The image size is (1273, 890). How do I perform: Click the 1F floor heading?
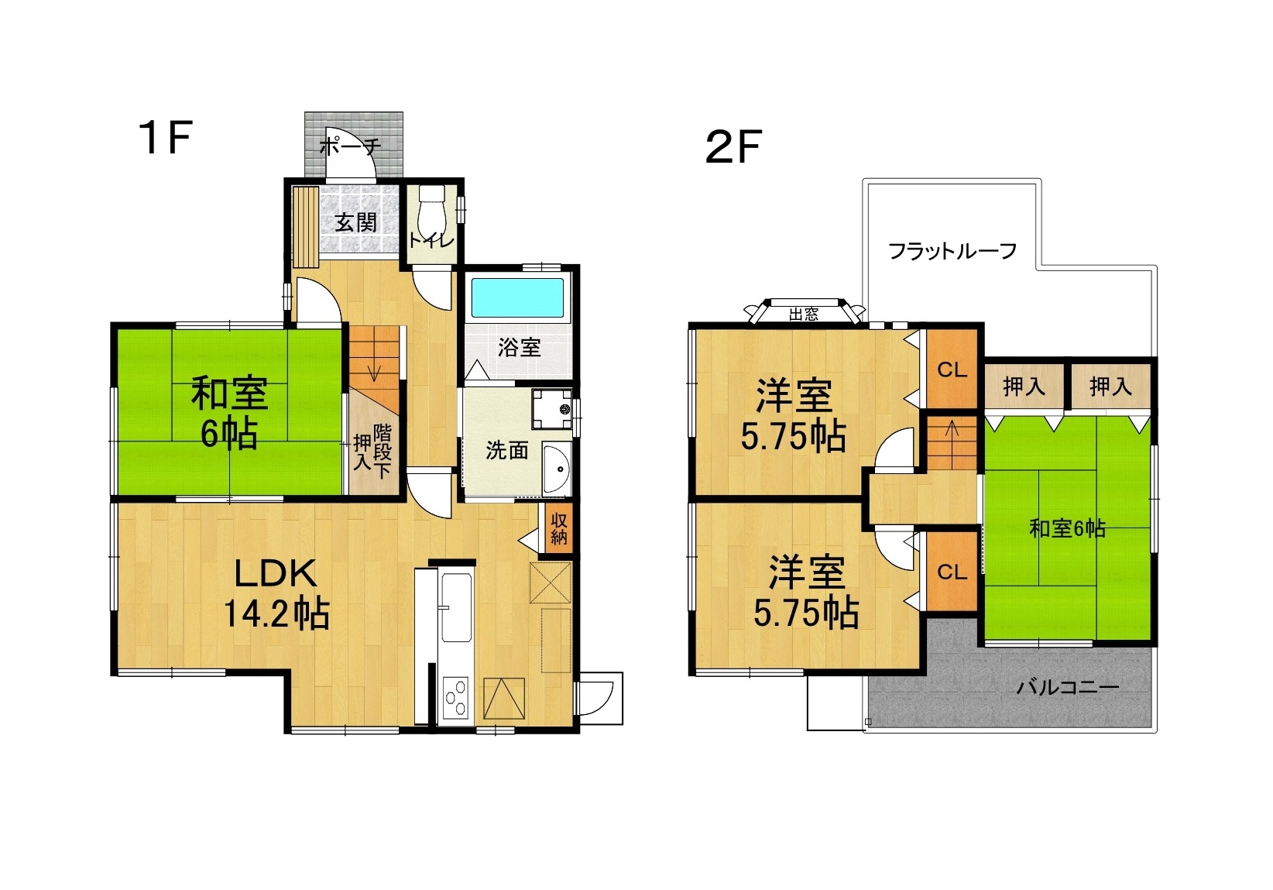coord(166,138)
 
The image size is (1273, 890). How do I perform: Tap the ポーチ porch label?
coord(350,147)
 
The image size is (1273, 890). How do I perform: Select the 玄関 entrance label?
coord(355,222)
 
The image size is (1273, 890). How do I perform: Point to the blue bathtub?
coord(518,297)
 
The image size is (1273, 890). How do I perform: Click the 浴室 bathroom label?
coord(519,347)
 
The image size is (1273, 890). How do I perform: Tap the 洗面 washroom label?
coord(507,450)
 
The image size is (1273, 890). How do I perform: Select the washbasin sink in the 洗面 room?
coord(557,468)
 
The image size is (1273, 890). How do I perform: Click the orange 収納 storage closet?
coord(558,529)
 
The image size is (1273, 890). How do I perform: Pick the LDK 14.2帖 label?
coord(276,593)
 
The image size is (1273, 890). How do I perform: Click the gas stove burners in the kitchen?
coord(456,697)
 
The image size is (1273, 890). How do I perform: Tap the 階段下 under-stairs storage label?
coord(382,452)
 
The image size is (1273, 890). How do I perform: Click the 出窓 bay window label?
coord(804,314)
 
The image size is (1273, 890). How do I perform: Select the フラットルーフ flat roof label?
coord(952,251)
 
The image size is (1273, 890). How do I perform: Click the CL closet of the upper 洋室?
coord(952,369)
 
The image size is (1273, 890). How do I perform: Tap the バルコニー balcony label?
coord(1067,688)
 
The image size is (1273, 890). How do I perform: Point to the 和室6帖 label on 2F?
coord(1067,528)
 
